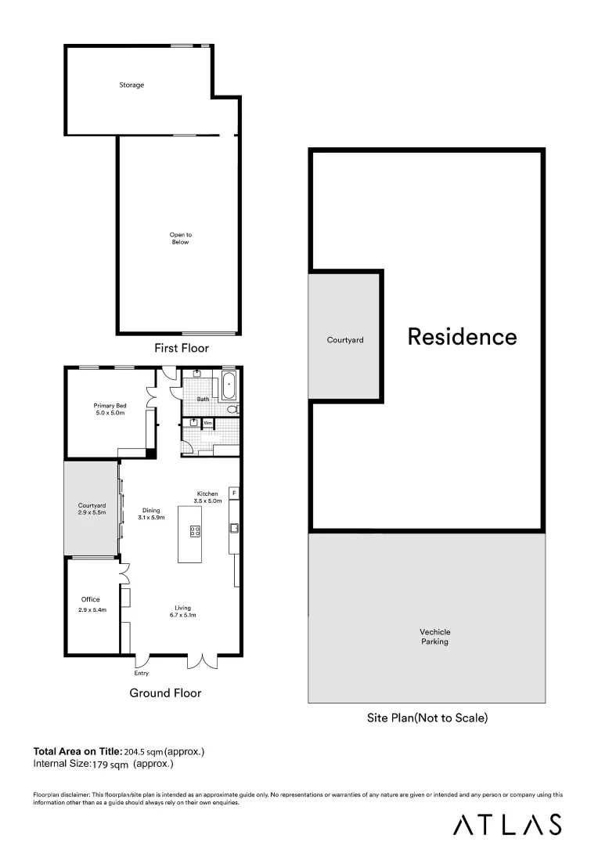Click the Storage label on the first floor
point(131,85)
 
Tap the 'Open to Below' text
point(180,238)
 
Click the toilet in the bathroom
point(232,410)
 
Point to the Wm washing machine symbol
point(207,423)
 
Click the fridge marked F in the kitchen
point(233,493)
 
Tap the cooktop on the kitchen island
point(195,530)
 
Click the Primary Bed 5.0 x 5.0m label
point(110,409)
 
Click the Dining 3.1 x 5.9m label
point(151,514)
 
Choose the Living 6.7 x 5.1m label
point(182,612)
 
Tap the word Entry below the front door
point(141,673)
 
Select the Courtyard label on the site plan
point(345,340)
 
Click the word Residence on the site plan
point(462,337)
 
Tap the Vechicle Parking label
point(434,636)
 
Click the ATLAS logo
point(508,824)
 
